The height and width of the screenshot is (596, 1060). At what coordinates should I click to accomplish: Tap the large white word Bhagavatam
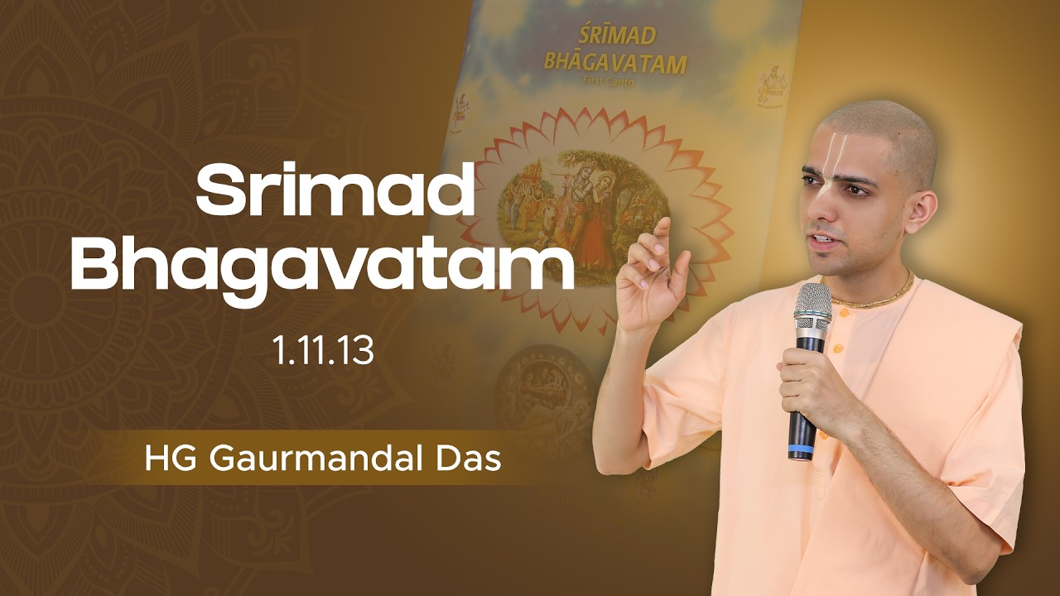[322, 265]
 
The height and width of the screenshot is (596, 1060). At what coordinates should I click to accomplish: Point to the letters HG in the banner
[163, 458]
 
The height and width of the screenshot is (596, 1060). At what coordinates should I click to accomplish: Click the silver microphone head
[812, 309]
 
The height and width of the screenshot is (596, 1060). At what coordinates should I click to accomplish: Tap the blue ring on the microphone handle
[801, 451]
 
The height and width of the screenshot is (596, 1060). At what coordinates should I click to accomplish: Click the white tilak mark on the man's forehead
[829, 143]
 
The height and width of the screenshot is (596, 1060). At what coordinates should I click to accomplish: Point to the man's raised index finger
[663, 231]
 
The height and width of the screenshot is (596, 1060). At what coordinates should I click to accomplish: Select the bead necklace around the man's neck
[878, 294]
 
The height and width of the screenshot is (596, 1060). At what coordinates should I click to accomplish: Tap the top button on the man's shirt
[842, 314]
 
